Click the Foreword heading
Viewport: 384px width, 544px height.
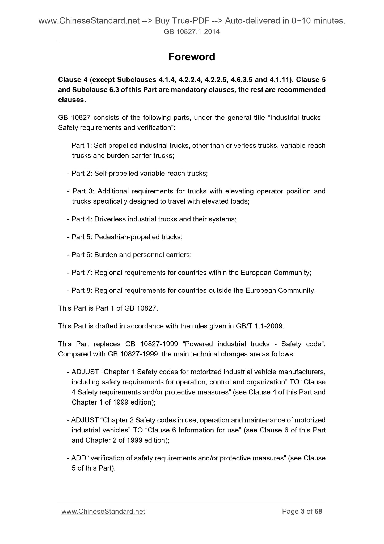pos(192,57)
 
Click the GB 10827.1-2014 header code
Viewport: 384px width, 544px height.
pos(192,32)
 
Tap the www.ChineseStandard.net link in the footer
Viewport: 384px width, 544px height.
pos(103,512)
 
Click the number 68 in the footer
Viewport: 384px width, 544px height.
pos(318,512)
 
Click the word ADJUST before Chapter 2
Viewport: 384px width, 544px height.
pos(85,420)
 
